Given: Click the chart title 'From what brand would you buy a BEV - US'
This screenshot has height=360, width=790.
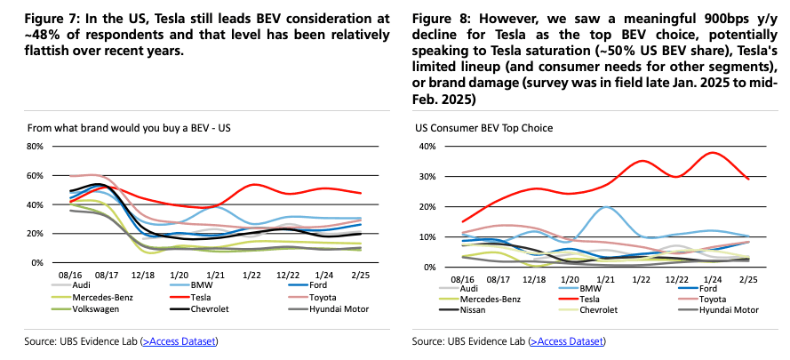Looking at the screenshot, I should [x=129, y=128].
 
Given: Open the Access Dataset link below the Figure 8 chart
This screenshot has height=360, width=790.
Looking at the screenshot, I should [x=567, y=341].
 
